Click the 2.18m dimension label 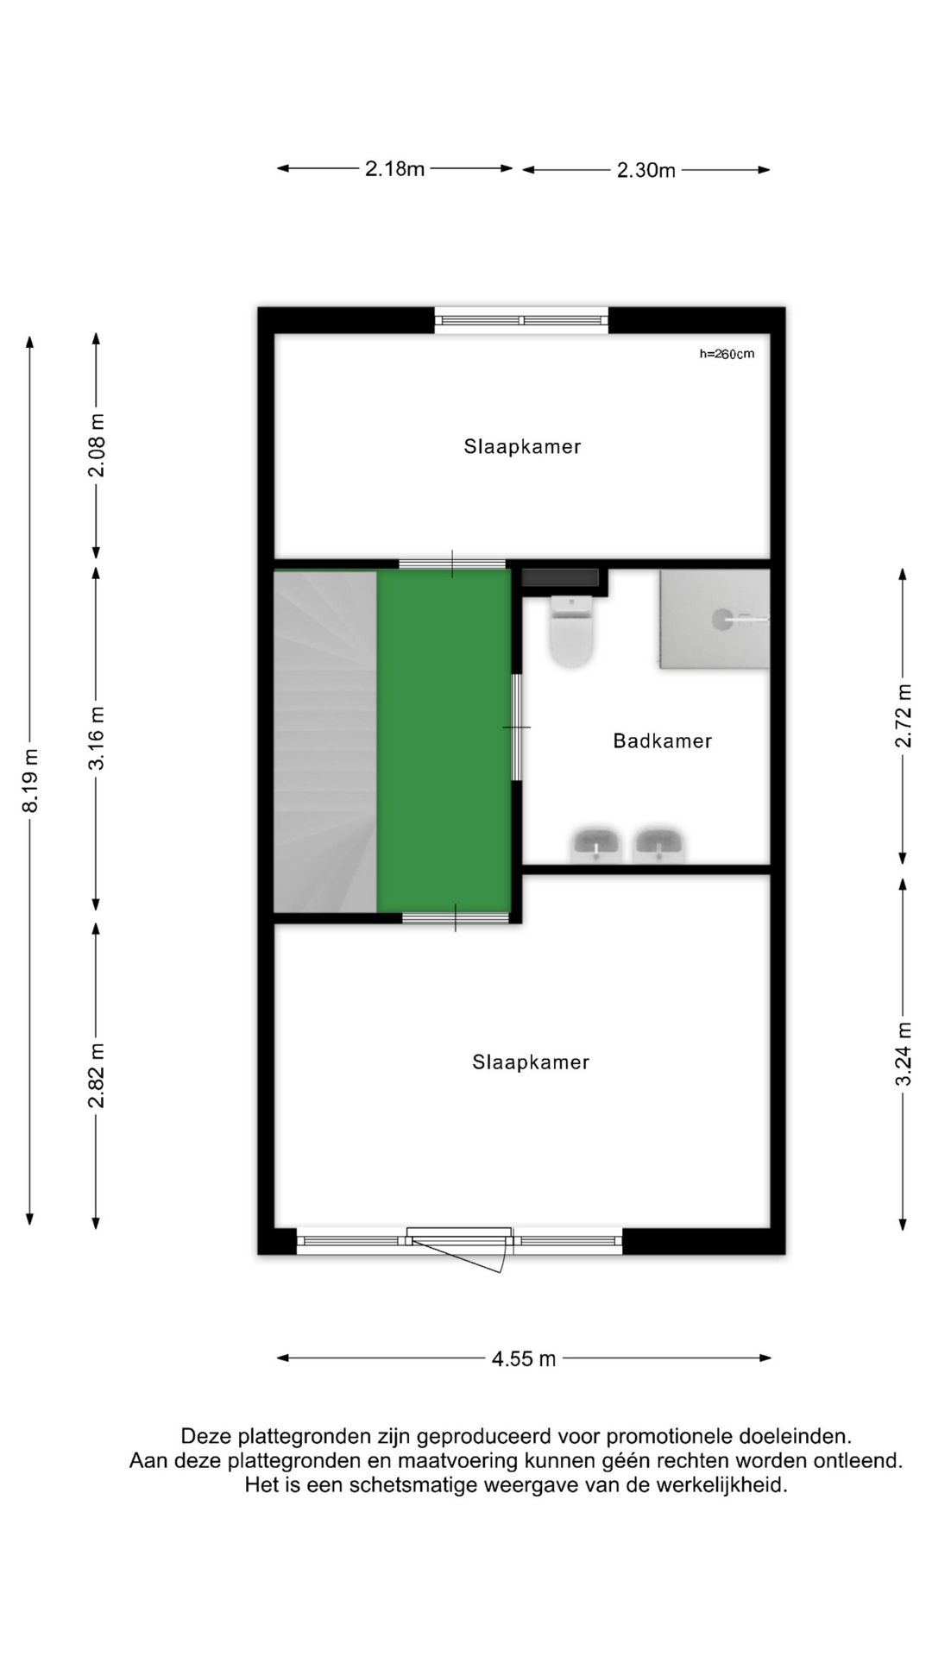[394, 169]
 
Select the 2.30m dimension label [645, 170]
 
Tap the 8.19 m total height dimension [31, 779]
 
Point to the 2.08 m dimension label [97, 444]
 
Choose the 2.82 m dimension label [97, 1074]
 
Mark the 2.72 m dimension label [904, 715]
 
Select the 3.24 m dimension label [904, 1055]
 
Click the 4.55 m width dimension [524, 1358]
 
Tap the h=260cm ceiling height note [727, 353]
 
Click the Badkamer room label [662, 740]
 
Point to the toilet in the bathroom [572, 632]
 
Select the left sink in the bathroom [597, 844]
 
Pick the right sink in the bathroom [658, 844]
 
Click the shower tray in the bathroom [714, 619]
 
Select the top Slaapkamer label [522, 447]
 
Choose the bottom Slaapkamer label [531, 1062]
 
